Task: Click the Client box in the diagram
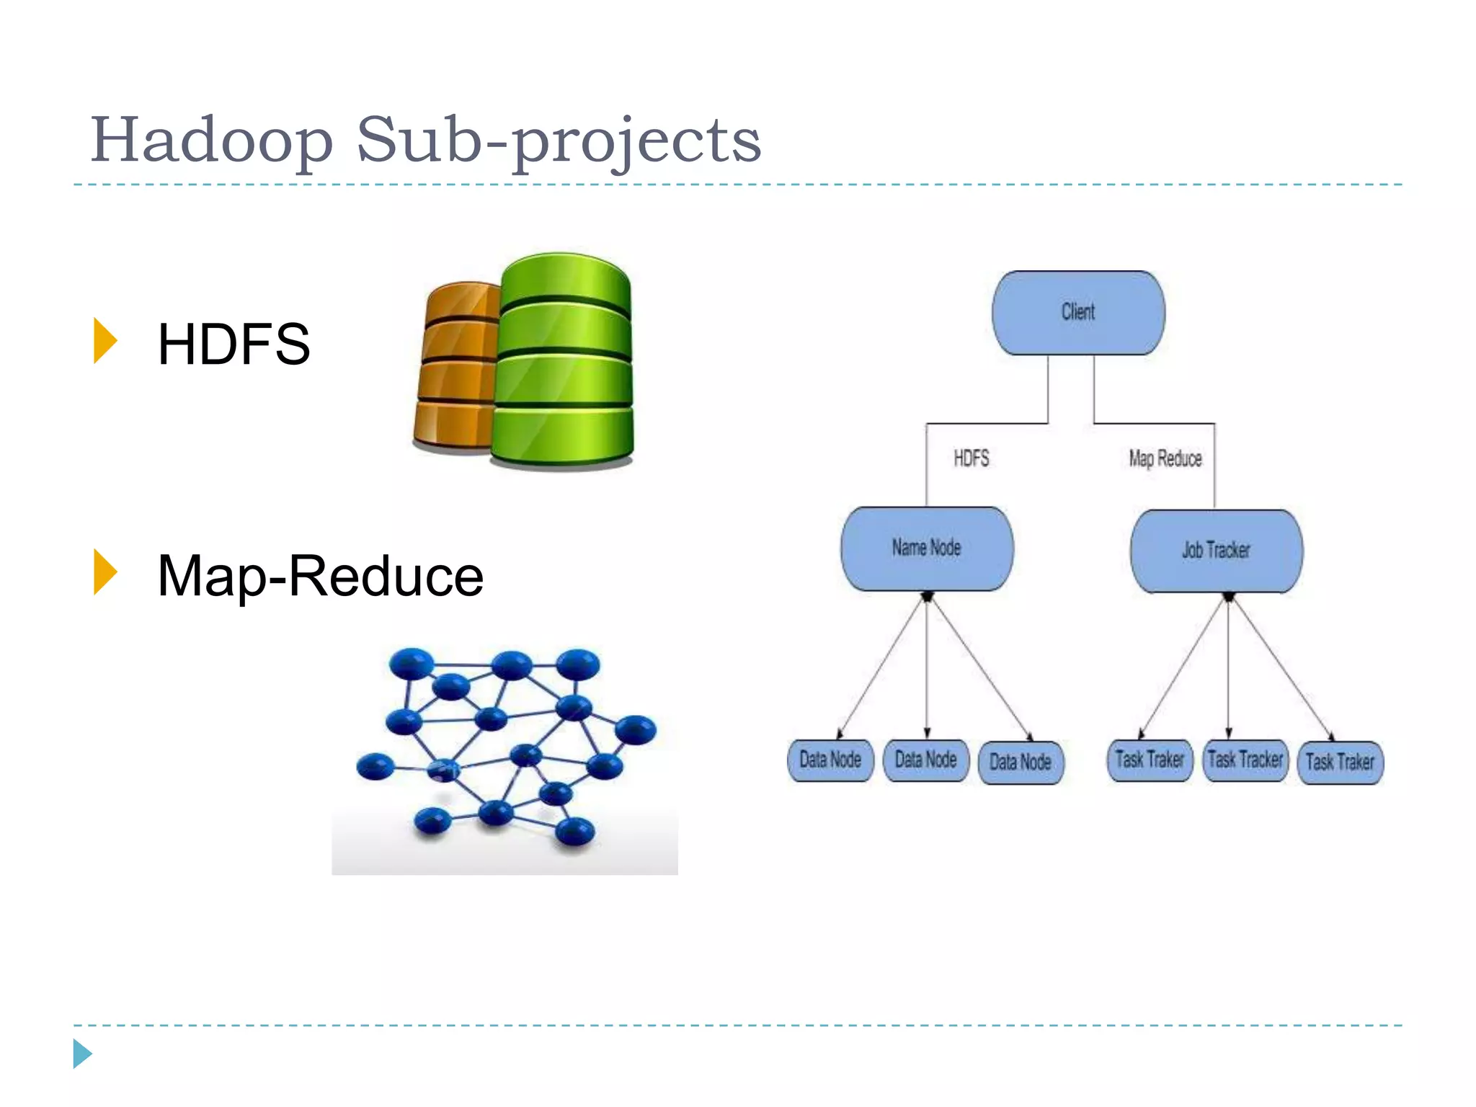point(1078,312)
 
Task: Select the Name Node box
point(927,548)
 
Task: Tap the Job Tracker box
point(1216,551)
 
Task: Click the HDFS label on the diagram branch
point(971,458)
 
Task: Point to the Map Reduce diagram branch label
point(1165,458)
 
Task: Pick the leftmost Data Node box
point(830,760)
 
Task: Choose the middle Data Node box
point(925,760)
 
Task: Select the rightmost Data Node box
point(1021,763)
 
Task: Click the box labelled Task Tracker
point(1245,760)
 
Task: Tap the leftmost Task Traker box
point(1150,760)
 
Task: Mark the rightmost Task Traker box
point(1340,763)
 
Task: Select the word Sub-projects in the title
point(559,141)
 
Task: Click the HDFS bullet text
point(234,344)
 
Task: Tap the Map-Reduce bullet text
point(320,576)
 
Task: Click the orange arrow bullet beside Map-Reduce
point(105,572)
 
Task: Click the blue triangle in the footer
point(81,1054)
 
